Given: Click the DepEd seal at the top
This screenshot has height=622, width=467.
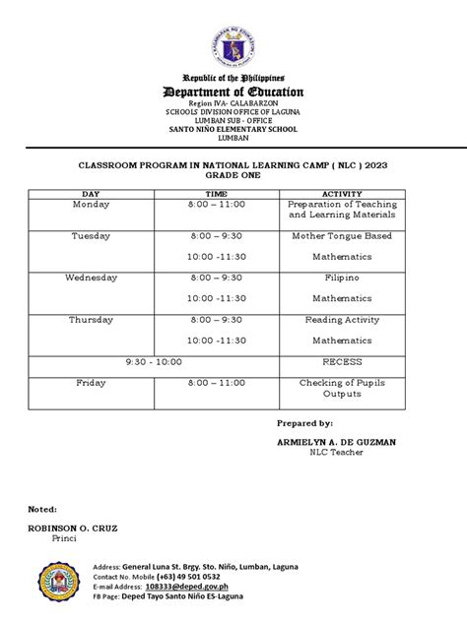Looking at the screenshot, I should click(233, 42).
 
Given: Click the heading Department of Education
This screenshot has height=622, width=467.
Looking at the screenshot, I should click(233, 92).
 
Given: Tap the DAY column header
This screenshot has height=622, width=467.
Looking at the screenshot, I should click(91, 194).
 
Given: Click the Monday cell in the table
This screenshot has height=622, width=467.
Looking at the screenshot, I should click(91, 205).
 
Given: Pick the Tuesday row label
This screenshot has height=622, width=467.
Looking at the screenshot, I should click(91, 236).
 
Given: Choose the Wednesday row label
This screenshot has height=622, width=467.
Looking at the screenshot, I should click(91, 278).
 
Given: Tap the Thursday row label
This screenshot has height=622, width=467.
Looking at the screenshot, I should click(91, 320).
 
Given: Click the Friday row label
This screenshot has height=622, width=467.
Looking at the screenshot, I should click(91, 383).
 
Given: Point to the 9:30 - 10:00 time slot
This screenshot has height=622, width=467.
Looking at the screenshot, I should click(154, 361).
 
